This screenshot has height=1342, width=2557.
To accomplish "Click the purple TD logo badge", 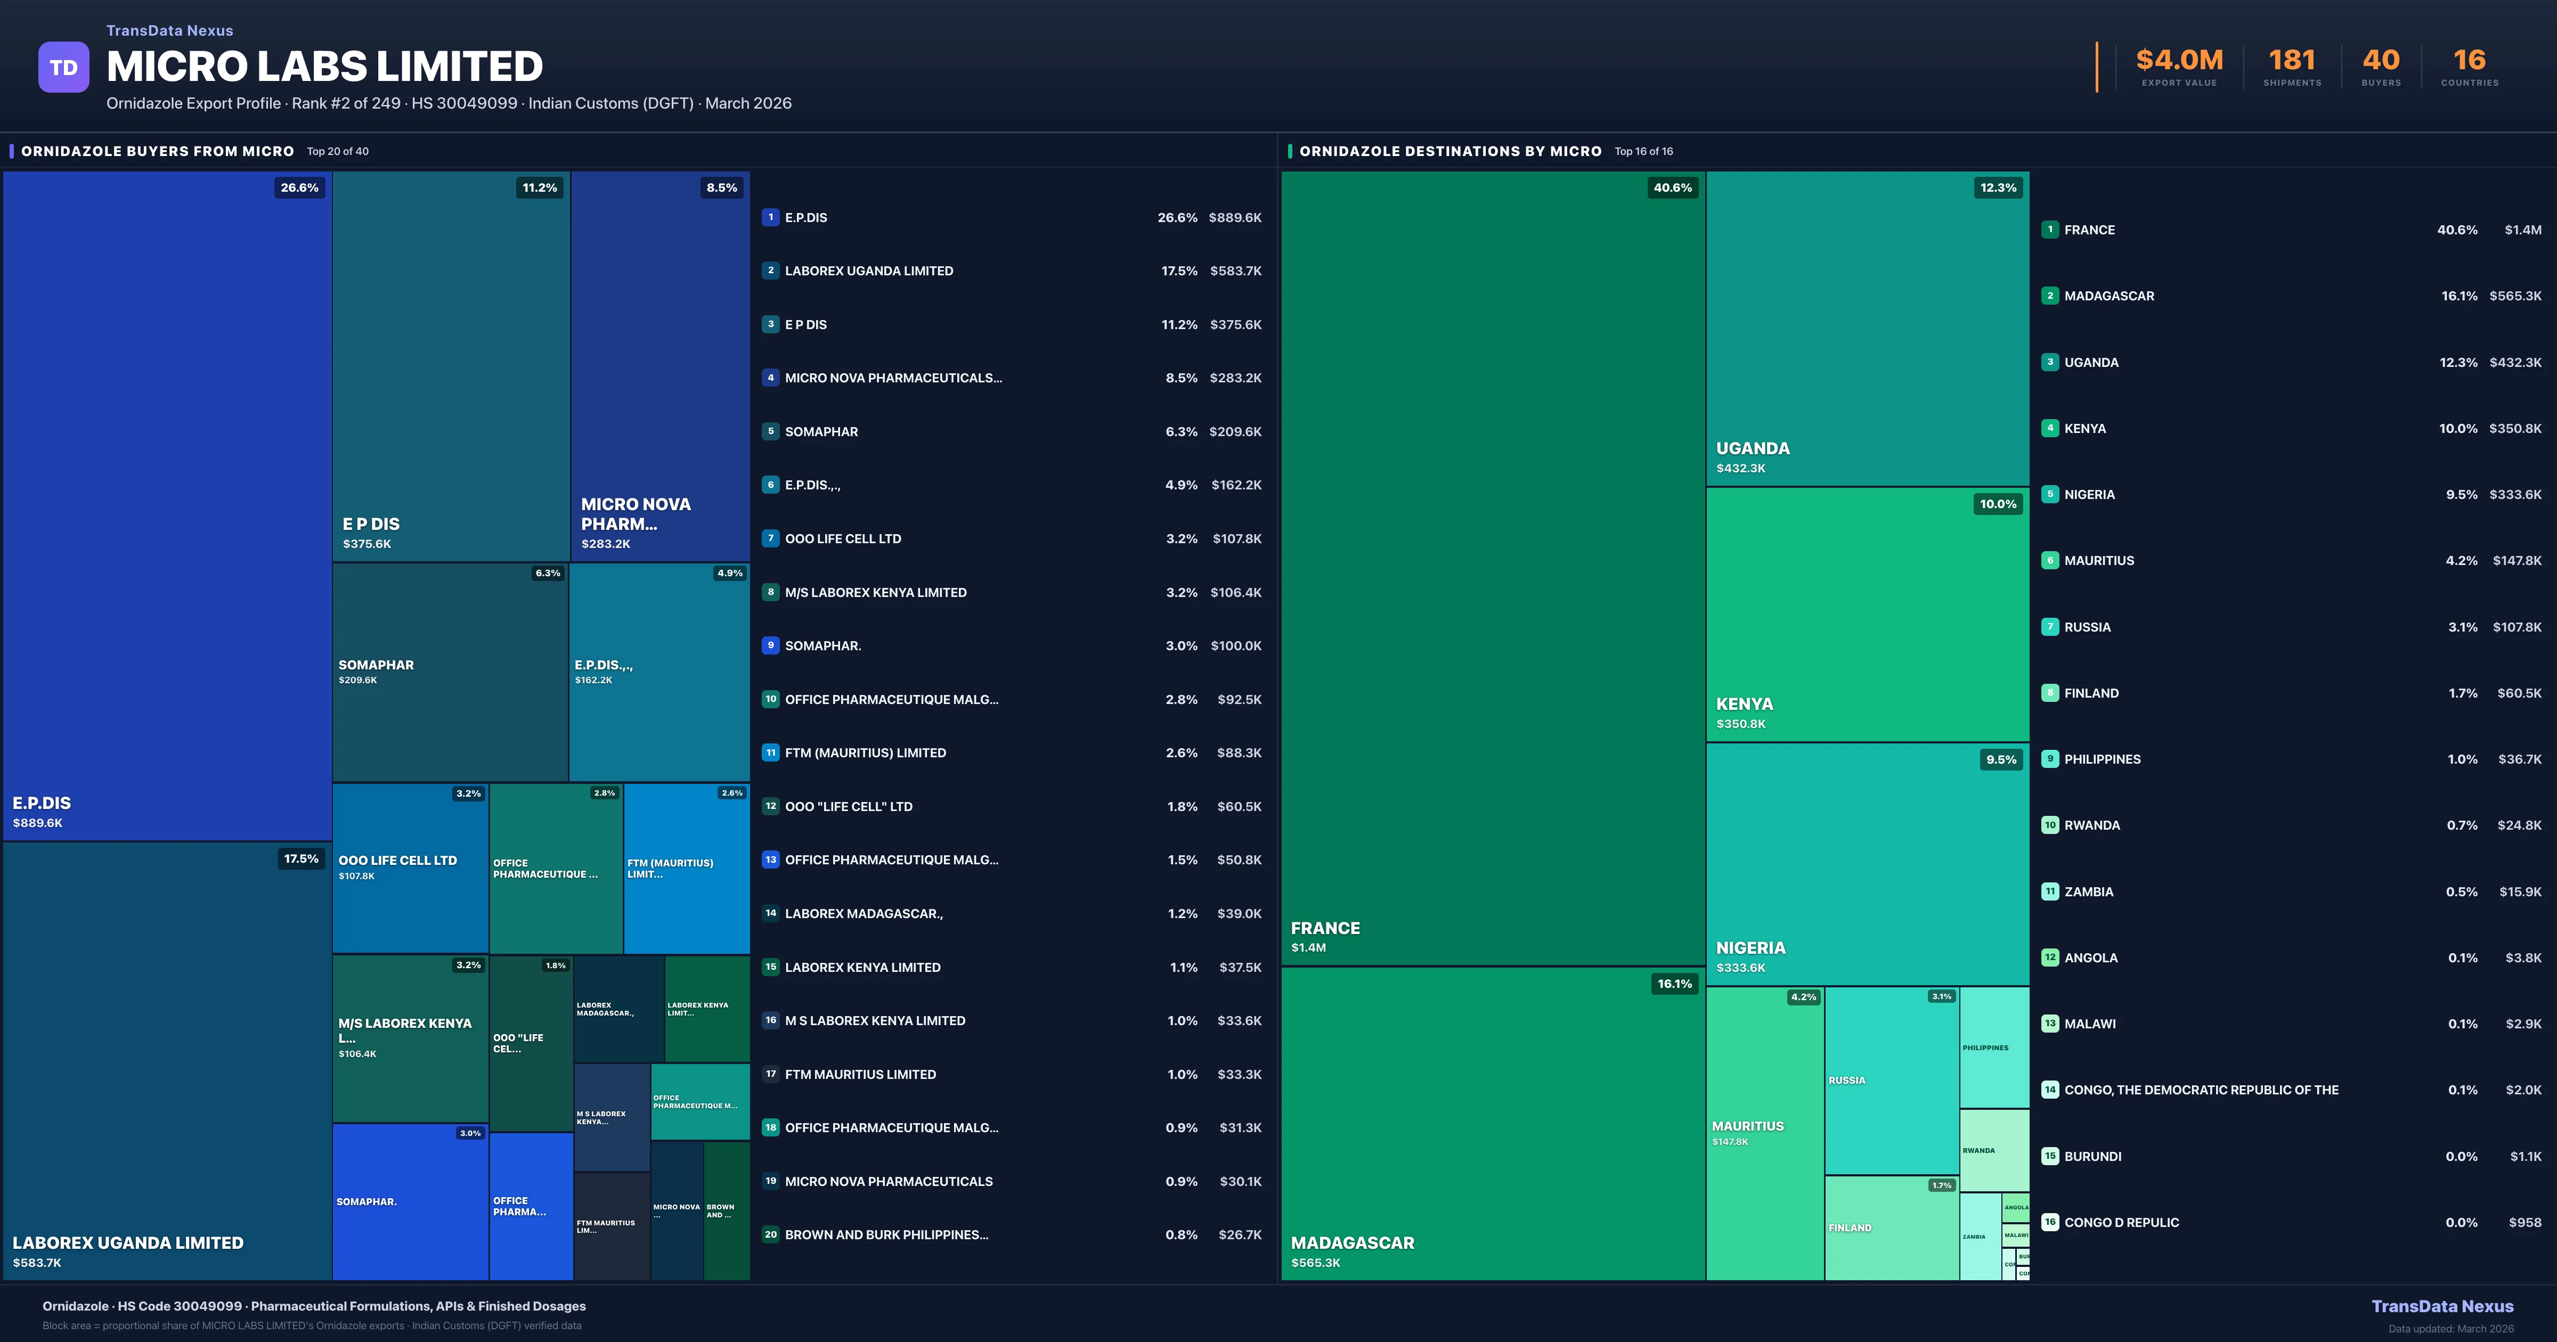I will click(63, 68).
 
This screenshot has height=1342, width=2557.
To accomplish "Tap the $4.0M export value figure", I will click(2179, 61).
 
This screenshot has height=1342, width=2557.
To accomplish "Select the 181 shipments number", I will click(2291, 61).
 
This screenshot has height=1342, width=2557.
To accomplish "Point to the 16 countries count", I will click(2469, 61).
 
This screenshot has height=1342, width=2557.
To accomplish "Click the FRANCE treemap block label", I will click(1325, 928).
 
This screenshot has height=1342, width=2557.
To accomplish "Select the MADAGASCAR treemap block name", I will click(1352, 1243).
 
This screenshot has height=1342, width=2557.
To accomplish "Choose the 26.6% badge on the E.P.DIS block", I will click(299, 187).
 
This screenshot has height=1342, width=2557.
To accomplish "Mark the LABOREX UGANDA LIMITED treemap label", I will click(127, 1243).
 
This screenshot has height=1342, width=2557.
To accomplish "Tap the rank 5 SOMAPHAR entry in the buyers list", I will click(821, 432).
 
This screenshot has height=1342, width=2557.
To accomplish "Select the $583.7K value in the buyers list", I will click(1235, 271).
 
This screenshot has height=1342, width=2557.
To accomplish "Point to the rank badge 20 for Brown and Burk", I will click(770, 1235).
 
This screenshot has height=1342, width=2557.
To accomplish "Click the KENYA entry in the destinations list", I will click(2084, 429).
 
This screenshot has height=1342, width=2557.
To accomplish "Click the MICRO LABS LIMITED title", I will click(324, 67).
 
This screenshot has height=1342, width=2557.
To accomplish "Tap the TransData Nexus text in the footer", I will click(2442, 1306).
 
